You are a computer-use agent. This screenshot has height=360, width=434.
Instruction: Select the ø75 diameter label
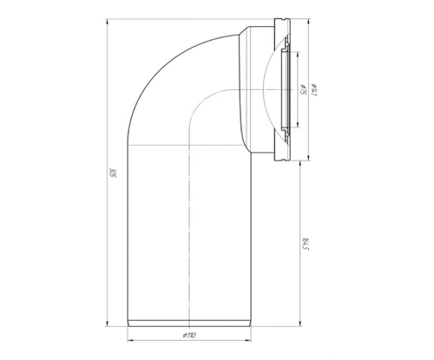[x=299, y=90]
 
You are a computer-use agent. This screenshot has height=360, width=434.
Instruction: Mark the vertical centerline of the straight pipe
[x=190, y=226]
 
